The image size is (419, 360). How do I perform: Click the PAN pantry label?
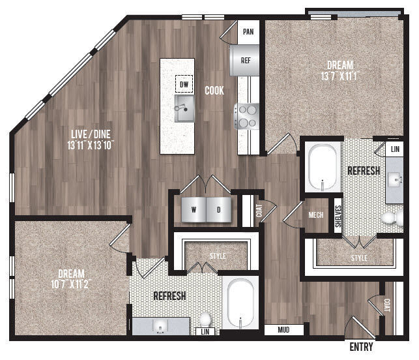pyautogui.click(x=248, y=31)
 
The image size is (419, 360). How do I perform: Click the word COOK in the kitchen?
pyautogui.click(x=214, y=91)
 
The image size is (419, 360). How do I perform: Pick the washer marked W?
pyautogui.click(x=194, y=210)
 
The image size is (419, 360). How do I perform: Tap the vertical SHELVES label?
pyautogui.click(x=338, y=215)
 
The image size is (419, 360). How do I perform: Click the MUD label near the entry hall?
pyautogui.click(x=283, y=329)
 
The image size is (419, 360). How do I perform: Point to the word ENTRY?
pyautogui.click(x=362, y=346)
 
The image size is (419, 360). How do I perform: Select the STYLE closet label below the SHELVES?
pyautogui.click(x=359, y=258)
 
